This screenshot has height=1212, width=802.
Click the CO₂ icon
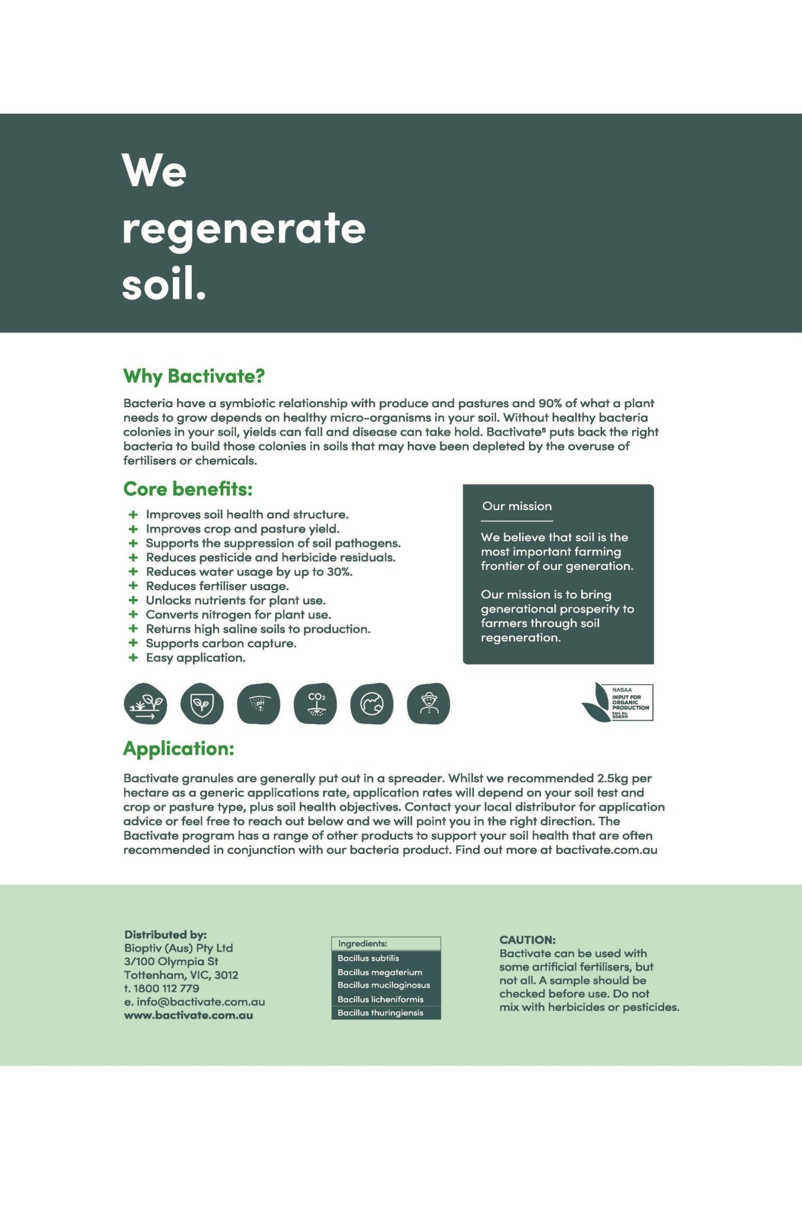pos(315,704)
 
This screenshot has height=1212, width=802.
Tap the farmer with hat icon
pos(429,704)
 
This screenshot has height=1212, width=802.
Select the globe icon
pos(372,704)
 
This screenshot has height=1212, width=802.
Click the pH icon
pos(259,704)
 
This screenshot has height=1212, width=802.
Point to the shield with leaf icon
pos(202,704)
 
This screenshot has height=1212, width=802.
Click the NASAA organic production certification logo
pos(618,702)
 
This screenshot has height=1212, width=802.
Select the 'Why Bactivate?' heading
pos(194,376)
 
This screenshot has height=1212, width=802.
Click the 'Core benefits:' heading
pos(188,489)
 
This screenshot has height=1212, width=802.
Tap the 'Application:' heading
pos(178,749)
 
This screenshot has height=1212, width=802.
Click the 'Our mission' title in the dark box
pos(517,506)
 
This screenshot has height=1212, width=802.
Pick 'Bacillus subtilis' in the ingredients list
pos(368,958)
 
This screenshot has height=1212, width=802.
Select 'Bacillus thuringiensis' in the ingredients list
pos(381,1013)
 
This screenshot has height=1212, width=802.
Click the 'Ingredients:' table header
pos(362,943)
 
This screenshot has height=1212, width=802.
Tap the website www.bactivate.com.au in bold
pos(188,1015)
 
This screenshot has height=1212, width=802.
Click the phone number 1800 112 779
pos(166,988)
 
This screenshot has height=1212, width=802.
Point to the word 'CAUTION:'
pos(527,940)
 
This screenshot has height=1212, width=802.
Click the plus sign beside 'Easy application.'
pos(133,657)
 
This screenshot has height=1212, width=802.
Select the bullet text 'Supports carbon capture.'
pos(221,643)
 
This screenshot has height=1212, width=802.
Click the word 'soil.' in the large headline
pos(164,285)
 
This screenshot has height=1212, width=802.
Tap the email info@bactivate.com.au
pos(201,1002)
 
